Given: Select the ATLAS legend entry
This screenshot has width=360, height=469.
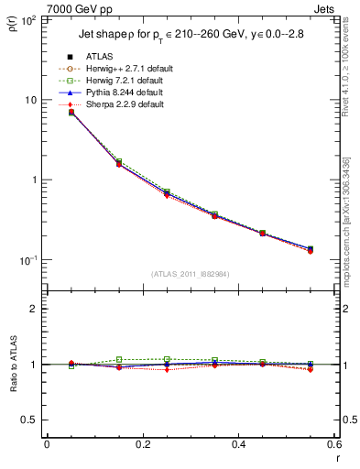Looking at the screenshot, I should [x=98, y=57].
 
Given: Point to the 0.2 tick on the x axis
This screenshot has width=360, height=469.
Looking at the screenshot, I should [x=142, y=445].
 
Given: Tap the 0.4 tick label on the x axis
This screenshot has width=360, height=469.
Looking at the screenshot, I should [x=238, y=445].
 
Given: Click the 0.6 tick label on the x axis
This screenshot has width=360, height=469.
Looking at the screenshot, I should [x=332, y=445].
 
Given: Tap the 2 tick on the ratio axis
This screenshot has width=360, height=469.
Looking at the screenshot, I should [x=35, y=309].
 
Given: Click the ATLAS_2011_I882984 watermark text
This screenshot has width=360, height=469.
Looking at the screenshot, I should [x=190, y=273].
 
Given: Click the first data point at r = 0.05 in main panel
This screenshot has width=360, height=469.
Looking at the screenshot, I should [x=71, y=113].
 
